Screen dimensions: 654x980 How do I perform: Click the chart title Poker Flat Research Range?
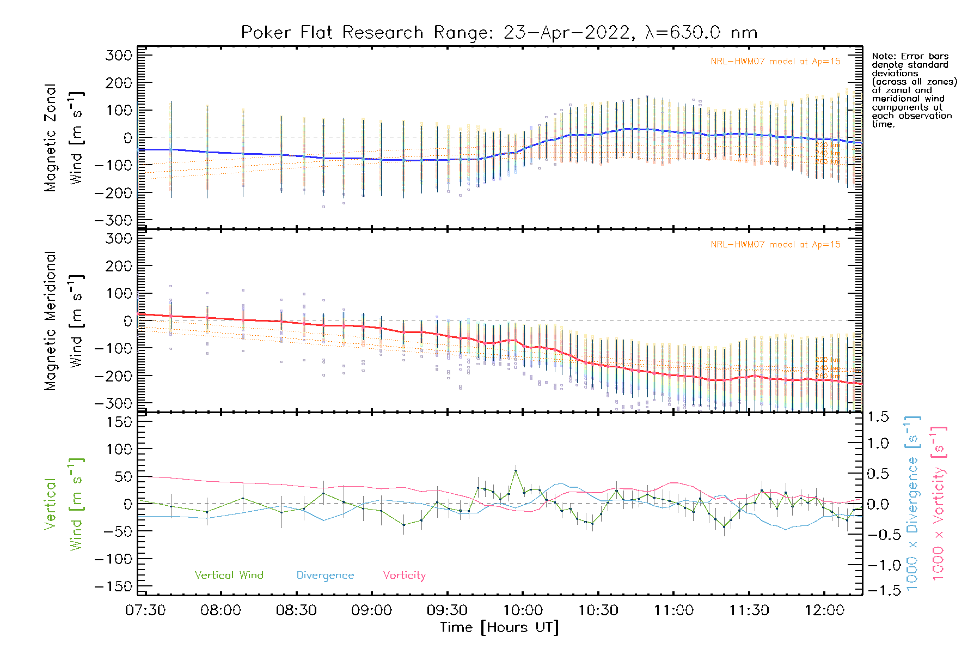coord(499,33)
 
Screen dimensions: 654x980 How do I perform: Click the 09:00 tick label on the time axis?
coord(371,610)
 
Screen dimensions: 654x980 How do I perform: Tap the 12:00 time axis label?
coord(824,610)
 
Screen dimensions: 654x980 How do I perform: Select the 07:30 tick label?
coord(145,610)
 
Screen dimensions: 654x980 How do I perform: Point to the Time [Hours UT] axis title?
coord(499,627)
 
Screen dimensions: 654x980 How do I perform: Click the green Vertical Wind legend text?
coord(229,575)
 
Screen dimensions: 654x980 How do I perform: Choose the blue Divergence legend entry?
coord(325,575)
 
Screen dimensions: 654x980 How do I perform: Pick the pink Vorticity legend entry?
coord(404,575)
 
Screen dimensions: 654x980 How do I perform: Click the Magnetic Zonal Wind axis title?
coord(64,137)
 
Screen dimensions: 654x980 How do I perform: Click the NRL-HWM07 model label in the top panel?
coord(775,61)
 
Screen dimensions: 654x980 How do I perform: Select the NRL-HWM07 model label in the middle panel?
coord(775,244)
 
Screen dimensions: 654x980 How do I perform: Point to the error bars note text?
coord(914,90)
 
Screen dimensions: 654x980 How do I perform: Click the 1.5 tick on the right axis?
coord(878,417)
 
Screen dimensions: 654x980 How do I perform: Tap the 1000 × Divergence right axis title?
coord(912,503)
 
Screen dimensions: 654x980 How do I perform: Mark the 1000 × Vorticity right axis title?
coord(938,503)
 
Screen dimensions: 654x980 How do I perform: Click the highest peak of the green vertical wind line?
coord(516,470)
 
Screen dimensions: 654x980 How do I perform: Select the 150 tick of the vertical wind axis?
coord(119,422)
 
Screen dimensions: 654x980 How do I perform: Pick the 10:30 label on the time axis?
coord(598,610)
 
